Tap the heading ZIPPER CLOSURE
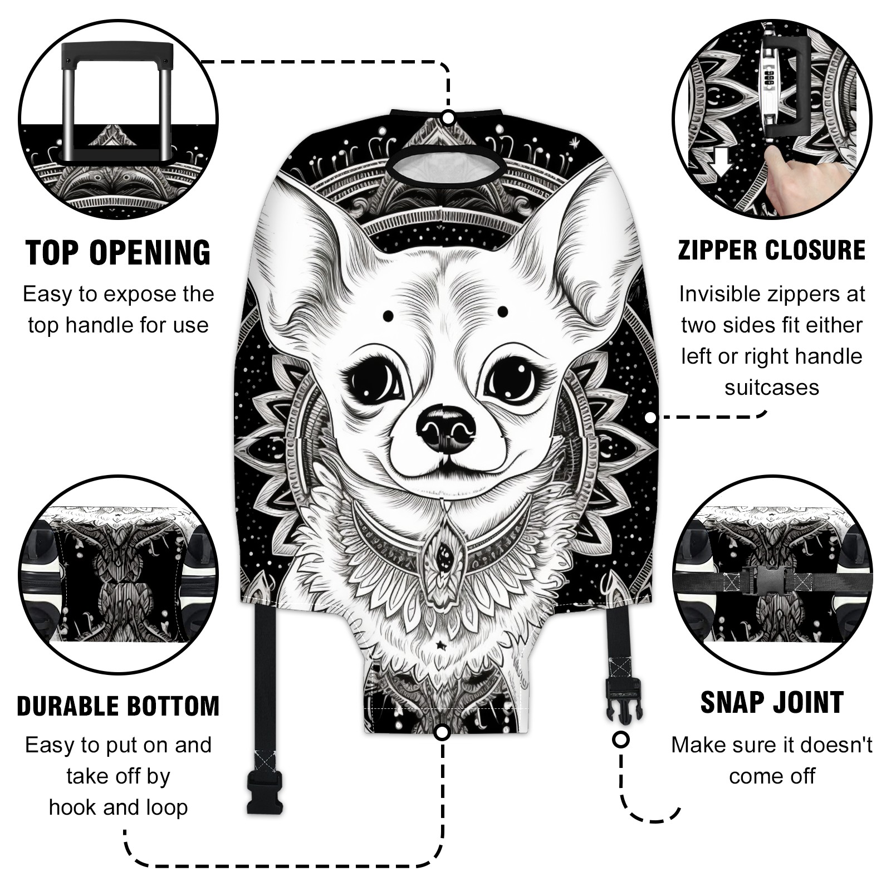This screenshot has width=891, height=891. [772, 250]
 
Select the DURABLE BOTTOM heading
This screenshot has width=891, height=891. [118, 706]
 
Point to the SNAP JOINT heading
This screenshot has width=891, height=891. [772, 702]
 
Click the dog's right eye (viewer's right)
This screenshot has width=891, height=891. [513, 382]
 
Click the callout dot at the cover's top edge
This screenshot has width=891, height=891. [448, 118]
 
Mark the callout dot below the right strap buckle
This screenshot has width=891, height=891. [621, 740]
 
